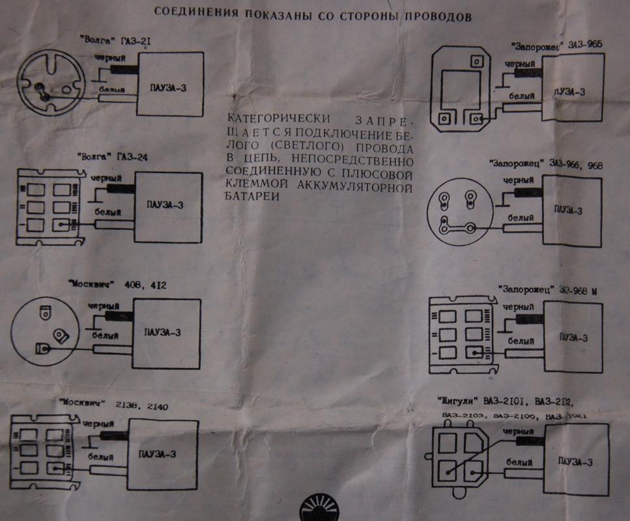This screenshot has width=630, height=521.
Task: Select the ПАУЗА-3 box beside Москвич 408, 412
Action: coord(164,331)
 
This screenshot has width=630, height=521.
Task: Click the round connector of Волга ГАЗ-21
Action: coord(50,85)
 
